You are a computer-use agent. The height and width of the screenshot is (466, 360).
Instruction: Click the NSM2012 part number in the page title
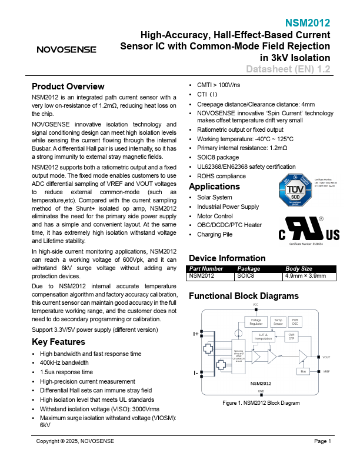[x=308, y=23]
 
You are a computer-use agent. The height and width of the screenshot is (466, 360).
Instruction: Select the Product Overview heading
[x=68, y=86]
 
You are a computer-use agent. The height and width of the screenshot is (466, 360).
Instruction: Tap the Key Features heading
[x=59, y=342]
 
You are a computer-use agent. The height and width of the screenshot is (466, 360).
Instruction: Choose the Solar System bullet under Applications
[x=215, y=197]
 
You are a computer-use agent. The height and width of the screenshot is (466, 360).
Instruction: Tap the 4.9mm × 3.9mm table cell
[x=305, y=275]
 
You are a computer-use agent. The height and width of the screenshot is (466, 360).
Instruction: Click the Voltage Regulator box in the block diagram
[x=256, y=322]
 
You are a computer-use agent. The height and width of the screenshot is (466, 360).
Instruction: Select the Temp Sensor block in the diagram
[x=278, y=322]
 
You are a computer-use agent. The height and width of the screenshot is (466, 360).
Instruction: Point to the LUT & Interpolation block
[x=263, y=337]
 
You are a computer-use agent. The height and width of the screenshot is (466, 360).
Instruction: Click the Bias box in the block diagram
[x=304, y=371]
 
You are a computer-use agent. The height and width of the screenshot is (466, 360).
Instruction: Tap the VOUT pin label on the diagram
[x=326, y=357]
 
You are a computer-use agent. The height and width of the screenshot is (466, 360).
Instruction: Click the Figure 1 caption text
[x=261, y=403]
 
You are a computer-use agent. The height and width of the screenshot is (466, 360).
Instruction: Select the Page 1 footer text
[x=322, y=441]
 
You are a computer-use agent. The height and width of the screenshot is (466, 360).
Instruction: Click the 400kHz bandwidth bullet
[x=64, y=363]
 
